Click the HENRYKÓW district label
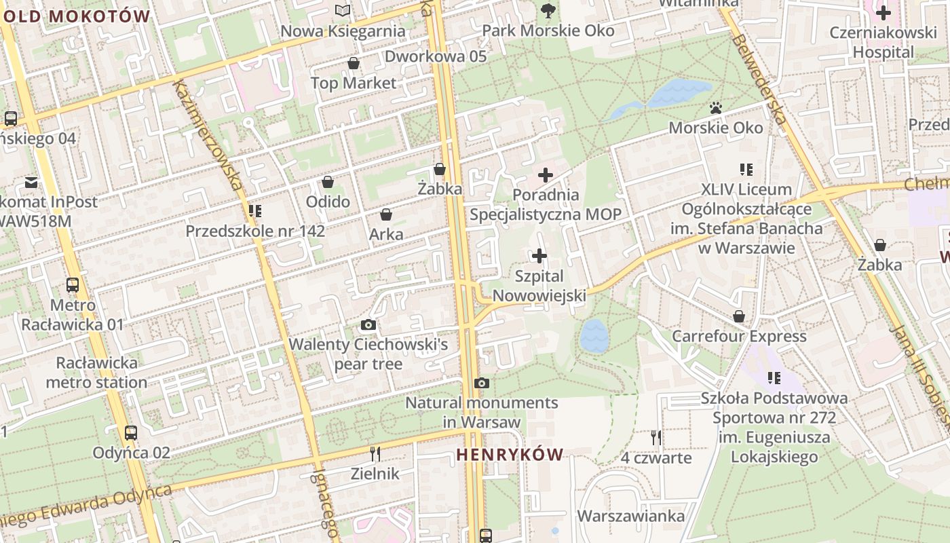[x=510, y=455]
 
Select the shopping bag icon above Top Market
[x=353, y=64]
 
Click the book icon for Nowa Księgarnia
[x=343, y=11]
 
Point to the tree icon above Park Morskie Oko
[x=548, y=10]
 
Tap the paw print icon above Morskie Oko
[x=715, y=108]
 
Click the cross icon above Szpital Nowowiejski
[x=539, y=256]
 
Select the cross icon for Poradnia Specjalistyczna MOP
[x=545, y=175]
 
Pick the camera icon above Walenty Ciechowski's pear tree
[x=368, y=324]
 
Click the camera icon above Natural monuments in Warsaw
[x=482, y=383]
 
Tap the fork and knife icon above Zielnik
[x=375, y=453]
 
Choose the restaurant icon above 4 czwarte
[x=655, y=438]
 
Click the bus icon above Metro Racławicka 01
[x=73, y=285]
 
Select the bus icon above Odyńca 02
[x=131, y=432]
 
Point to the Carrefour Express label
[x=739, y=337]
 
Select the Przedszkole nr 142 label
[x=255, y=231]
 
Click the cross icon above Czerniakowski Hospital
[x=883, y=12]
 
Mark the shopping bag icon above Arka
[x=386, y=215]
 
